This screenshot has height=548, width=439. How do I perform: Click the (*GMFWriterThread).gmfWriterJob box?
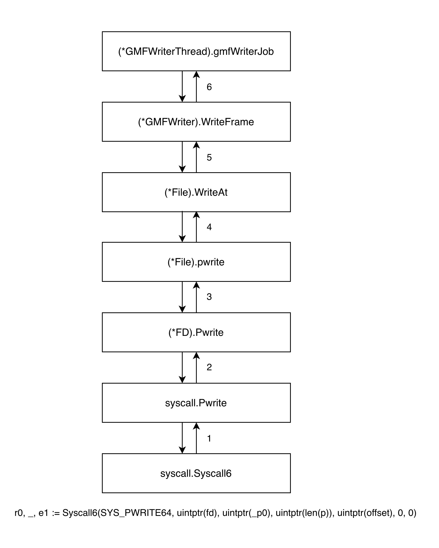click(196, 51)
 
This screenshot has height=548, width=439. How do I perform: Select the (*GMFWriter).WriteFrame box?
click(196, 122)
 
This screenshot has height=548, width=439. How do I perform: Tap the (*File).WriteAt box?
click(196, 192)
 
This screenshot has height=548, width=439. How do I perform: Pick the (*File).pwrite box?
click(196, 262)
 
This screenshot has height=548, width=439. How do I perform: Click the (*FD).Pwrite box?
click(196, 332)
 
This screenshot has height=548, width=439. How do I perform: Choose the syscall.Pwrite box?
click(196, 403)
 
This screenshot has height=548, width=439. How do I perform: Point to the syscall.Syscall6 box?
click(196, 473)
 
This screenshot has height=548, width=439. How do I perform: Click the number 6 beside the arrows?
click(209, 87)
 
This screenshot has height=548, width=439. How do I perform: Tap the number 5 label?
click(209, 157)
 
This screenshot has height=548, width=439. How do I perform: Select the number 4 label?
click(209, 227)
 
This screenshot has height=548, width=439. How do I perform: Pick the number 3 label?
click(209, 297)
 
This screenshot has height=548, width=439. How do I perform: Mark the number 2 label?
click(209, 367)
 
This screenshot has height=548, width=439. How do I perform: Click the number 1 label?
click(209, 438)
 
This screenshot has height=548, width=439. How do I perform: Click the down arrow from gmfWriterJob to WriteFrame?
click(182, 87)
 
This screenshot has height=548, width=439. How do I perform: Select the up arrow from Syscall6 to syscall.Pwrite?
click(196, 438)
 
